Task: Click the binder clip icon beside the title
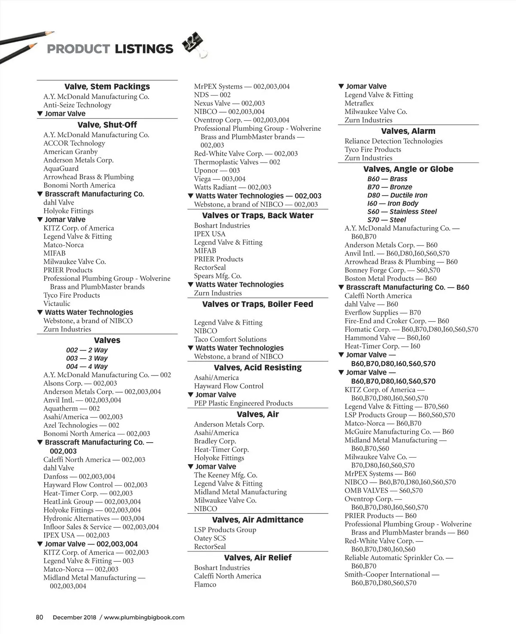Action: [x=194, y=44]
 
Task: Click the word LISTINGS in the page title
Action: [x=144, y=49]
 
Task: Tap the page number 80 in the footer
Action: [x=40, y=617]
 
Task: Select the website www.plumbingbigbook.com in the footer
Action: [x=144, y=617]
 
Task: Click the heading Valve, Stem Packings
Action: [x=107, y=86]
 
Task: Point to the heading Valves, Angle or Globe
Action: [x=408, y=169]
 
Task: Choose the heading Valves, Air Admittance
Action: [x=258, y=520]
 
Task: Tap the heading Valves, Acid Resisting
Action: [x=258, y=368]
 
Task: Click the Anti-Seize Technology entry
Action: [x=77, y=105]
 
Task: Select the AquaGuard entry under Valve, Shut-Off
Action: [x=61, y=169]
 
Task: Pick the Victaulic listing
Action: [x=57, y=304]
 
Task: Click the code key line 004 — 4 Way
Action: [x=87, y=366]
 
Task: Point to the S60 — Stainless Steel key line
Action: [x=402, y=212]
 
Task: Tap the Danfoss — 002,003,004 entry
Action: [x=79, y=477]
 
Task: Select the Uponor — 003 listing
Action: [x=217, y=170]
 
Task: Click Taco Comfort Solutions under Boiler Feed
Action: [x=230, y=339]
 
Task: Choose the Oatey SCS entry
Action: [x=209, y=539]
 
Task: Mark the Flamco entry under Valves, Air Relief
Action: [x=205, y=585]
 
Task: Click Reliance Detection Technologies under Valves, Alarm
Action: [x=393, y=141]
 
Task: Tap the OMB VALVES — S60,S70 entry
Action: [x=383, y=490]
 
